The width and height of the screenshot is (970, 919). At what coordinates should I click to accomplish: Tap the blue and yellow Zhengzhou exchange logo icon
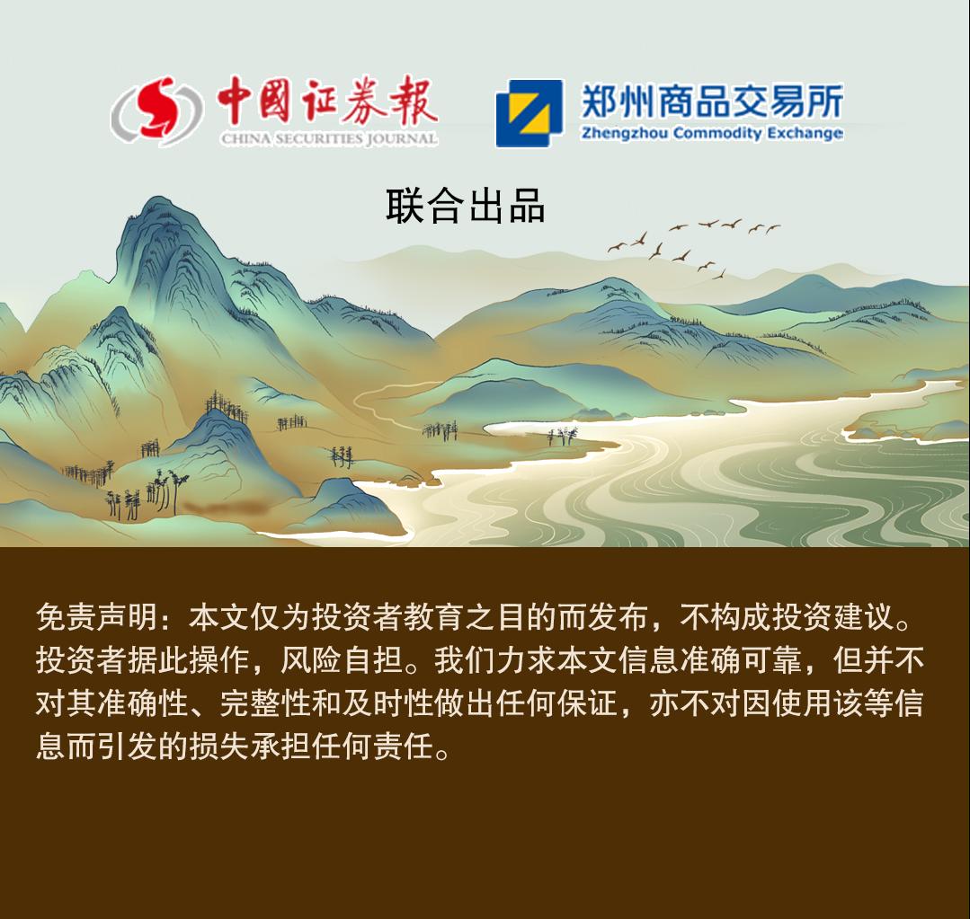coord(529,113)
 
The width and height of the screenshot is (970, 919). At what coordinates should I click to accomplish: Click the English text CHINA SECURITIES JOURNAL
coord(329,138)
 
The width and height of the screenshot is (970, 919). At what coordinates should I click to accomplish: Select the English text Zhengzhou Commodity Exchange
coord(711,133)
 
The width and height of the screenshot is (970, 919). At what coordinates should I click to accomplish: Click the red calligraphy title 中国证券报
coord(327,101)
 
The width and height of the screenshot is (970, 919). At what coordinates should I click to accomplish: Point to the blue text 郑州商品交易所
coord(712,102)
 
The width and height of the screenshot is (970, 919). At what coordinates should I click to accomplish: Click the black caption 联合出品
coord(465,206)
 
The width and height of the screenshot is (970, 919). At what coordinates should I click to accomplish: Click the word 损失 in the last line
coord(219,747)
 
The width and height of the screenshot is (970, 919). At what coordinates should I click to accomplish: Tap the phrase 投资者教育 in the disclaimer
coord(387,617)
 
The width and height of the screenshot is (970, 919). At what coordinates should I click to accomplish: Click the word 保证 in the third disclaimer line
coord(587,703)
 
